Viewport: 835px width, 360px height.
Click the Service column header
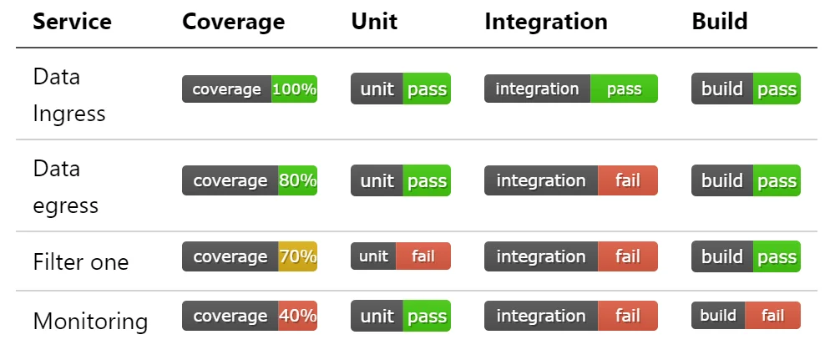pos(72,22)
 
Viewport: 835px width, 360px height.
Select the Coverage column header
pos(233,22)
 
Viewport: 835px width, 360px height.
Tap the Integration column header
pos(546,22)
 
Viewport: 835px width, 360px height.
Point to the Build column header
pos(720,22)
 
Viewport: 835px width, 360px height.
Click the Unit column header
pos(374,22)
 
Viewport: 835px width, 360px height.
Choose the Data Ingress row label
pos(68,94)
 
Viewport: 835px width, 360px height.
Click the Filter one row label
pos(81,262)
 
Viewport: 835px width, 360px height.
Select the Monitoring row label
pos(90,321)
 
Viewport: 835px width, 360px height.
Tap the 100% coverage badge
pos(249,89)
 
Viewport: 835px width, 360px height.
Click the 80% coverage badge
pos(249,180)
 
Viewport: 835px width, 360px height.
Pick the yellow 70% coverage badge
pos(249,256)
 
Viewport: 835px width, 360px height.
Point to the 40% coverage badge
pos(249,316)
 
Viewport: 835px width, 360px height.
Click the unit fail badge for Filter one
pos(401,256)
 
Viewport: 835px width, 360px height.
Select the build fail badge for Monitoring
pos(746,315)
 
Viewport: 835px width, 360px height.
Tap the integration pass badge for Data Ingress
pos(571,89)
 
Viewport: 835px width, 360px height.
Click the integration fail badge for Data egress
pos(571,180)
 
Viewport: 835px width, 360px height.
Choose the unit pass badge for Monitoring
pos(401,316)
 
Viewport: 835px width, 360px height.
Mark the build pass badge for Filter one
pos(746,256)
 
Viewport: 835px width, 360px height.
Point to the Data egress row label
pos(65,187)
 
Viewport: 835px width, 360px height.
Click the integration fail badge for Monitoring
pos(571,316)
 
